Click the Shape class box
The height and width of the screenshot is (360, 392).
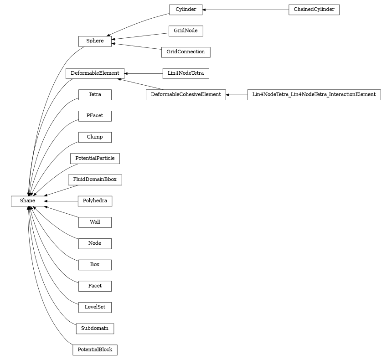tap(27, 201)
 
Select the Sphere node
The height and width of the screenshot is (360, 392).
tap(95, 41)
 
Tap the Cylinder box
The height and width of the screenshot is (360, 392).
tap(186, 10)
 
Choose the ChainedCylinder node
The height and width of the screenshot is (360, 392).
tap(314, 10)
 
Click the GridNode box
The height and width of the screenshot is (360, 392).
tap(186, 31)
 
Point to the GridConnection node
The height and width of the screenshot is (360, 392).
tap(186, 52)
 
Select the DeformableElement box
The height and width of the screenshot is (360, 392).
tap(95, 73)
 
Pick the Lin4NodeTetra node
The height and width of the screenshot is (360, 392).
tap(186, 73)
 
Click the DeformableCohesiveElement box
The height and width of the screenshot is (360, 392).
tap(186, 94)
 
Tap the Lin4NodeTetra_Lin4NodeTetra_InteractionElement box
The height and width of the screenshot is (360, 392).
tap(314, 94)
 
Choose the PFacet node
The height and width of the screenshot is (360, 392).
tap(95, 116)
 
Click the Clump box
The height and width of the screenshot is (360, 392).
tap(95, 137)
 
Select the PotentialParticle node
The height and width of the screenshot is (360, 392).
tap(95, 159)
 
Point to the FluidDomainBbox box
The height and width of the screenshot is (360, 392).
tap(95, 180)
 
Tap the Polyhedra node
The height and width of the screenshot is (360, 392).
tap(95, 201)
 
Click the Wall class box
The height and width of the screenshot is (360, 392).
tap(95, 222)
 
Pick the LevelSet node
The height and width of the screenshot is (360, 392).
tap(95, 307)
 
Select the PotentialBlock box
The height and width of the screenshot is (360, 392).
tap(95, 350)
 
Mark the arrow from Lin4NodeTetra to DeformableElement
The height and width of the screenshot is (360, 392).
tap(143, 73)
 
